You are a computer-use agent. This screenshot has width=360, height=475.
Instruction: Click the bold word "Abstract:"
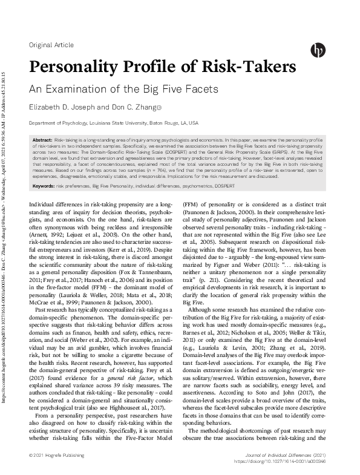tap(43, 140)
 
